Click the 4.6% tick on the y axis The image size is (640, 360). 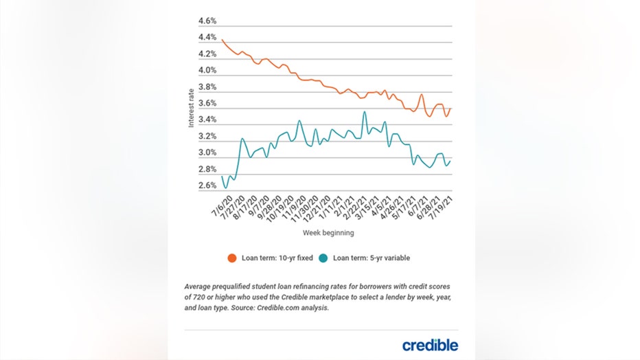208,21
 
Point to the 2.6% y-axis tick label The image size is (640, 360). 208,186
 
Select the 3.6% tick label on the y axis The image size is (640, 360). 208,104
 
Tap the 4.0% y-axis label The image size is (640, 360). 208,71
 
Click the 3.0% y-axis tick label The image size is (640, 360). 208,153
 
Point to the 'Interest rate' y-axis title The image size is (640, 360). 192,109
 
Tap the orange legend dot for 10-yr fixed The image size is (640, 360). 232,258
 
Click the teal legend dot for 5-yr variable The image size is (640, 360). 323,258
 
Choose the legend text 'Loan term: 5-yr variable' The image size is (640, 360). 371,258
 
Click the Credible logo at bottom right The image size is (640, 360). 430,345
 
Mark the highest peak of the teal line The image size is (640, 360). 364,112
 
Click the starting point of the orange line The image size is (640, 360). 222,40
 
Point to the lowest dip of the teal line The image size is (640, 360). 226,188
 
